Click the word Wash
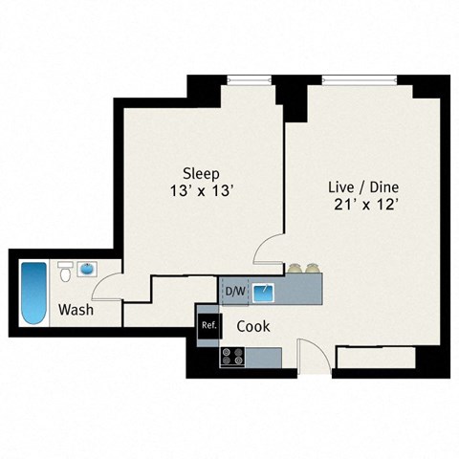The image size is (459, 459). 76,310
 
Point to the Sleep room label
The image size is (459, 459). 203,174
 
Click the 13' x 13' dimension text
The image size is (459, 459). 202,191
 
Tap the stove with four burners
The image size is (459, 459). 232,356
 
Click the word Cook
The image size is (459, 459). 253,326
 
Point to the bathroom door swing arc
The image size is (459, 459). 111,281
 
